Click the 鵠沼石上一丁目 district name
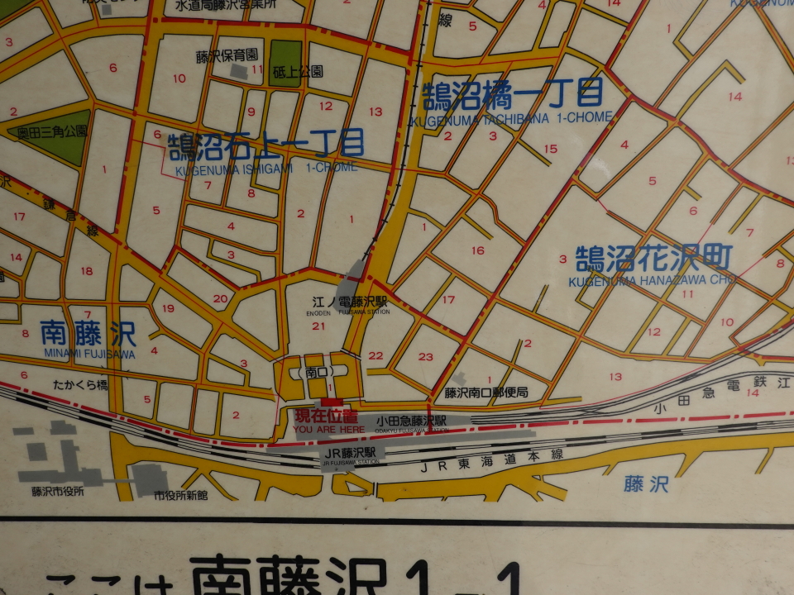(x=266, y=145)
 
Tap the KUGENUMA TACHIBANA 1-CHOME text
(x=509, y=118)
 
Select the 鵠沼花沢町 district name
(x=654, y=259)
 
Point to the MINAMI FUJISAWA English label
(x=87, y=353)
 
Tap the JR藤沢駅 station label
(x=351, y=453)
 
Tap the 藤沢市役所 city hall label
(x=57, y=492)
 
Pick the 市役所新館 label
(x=181, y=495)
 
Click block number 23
(x=426, y=357)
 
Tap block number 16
(x=477, y=250)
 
